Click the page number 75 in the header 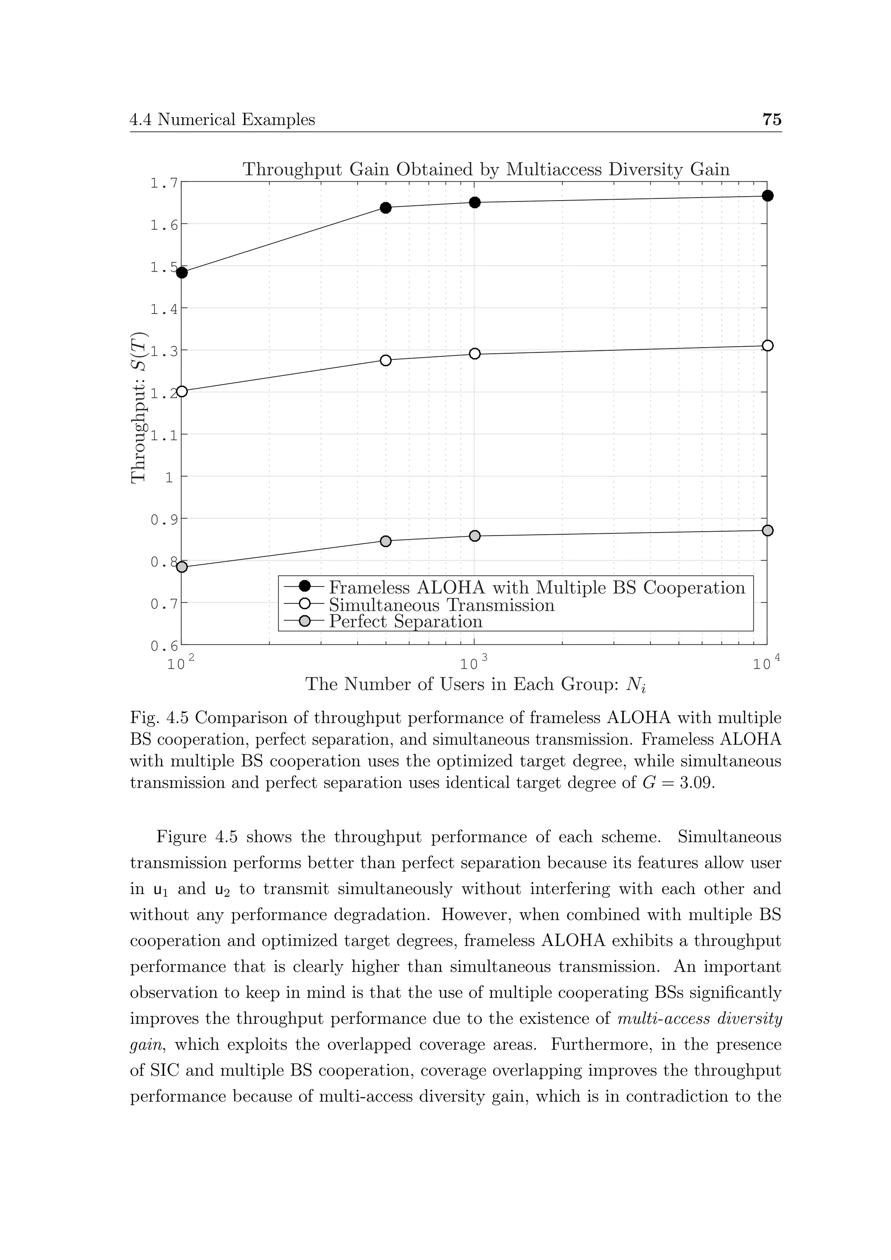[771, 119]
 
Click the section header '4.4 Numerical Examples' [222, 120]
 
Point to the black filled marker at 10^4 [767, 196]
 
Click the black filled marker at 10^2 [182, 273]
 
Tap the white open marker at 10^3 [475, 354]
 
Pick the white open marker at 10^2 [182, 391]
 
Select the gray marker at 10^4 [767, 531]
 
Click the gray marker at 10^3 [475, 536]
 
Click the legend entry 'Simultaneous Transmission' [441, 605]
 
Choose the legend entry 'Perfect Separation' [405, 621]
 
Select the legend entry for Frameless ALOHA [536, 588]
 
